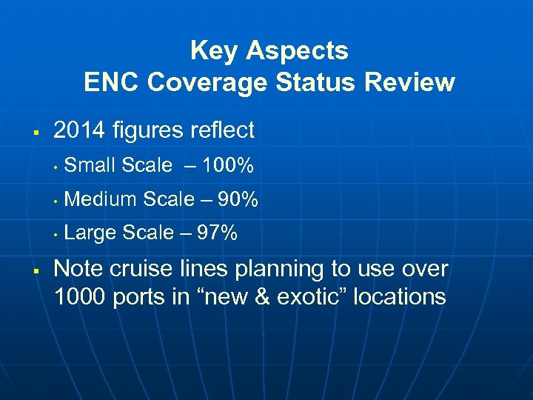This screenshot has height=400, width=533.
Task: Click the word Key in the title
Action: (214, 51)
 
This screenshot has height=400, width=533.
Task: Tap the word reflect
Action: (223, 130)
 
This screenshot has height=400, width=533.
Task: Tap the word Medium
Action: (101, 199)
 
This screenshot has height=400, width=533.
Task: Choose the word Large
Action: (91, 233)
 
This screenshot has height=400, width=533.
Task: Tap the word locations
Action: (400, 297)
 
